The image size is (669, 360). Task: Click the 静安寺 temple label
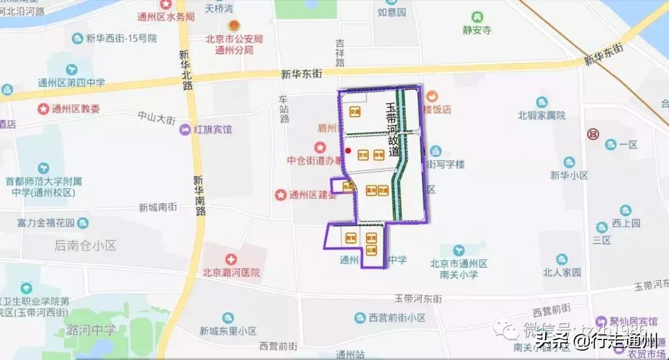pyautogui.click(x=477, y=30)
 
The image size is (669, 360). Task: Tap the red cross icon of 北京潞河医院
pyautogui.click(x=230, y=259)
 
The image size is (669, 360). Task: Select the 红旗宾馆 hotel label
pyautogui.click(x=212, y=130)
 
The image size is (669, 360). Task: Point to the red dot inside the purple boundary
pyautogui.click(x=348, y=151)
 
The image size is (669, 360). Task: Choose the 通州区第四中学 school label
pyautogui.click(x=71, y=82)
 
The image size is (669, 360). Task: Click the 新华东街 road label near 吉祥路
pyautogui.click(x=302, y=74)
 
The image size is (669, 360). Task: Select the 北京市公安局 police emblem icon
pyautogui.click(x=234, y=26)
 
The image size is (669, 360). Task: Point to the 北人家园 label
pyautogui.click(x=562, y=272)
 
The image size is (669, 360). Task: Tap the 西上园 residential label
pyautogui.click(x=626, y=223)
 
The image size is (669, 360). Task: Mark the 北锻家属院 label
pyautogui.click(x=542, y=115)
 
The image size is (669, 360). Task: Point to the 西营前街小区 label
pyautogui.click(x=397, y=318)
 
